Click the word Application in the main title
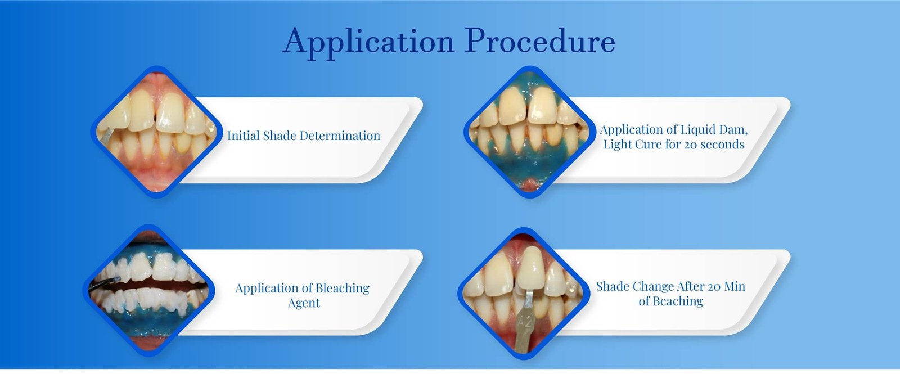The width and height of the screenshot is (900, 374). point(368,42)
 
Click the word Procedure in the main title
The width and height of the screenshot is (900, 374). point(540,41)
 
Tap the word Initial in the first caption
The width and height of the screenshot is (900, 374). point(243,136)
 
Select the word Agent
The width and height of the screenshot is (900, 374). point(304,303)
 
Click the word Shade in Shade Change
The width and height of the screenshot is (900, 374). point(613,286)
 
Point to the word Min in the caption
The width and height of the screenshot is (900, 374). point(734,286)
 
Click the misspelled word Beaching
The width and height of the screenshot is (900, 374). point(678,301)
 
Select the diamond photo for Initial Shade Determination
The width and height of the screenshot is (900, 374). point(156,132)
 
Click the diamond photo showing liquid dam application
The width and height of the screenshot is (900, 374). point(529,132)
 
